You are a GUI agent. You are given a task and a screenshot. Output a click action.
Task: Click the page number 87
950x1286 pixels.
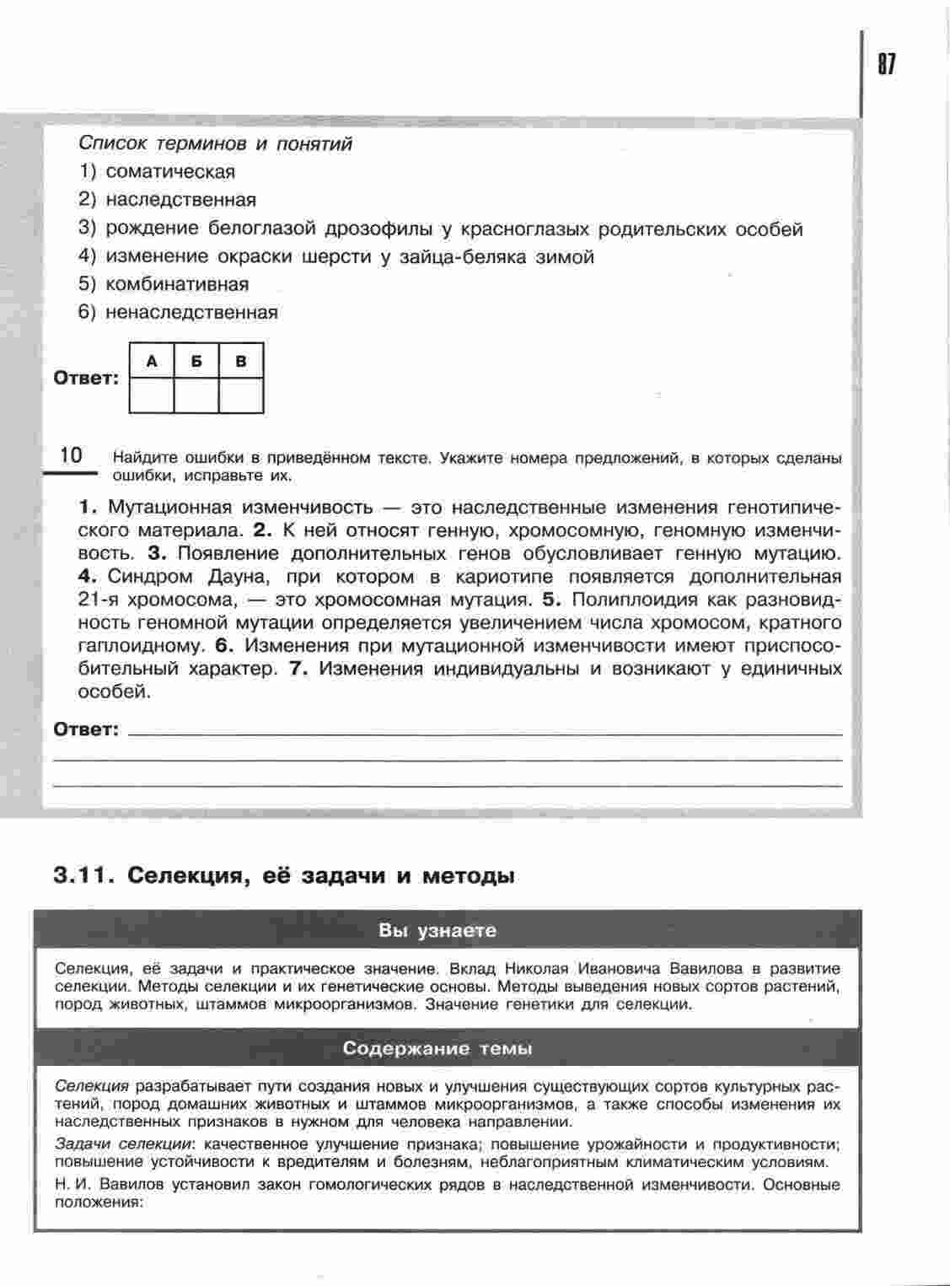click(887, 64)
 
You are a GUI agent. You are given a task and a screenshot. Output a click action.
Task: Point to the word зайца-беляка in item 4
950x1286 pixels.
click(462, 257)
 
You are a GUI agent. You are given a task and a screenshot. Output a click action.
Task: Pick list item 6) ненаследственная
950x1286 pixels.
click(178, 313)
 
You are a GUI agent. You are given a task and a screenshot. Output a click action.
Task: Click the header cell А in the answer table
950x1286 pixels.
click(152, 362)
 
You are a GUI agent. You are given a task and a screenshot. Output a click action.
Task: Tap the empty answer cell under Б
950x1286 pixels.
click(196, 395)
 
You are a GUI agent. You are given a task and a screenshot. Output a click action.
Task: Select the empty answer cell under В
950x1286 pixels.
click(242, 395)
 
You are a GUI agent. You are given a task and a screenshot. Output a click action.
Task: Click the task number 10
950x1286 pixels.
click(72, 456)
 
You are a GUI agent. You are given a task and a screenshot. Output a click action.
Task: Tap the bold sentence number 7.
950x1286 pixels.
click(295, 670)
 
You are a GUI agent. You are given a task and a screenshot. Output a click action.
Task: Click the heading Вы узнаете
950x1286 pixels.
click(437, 932)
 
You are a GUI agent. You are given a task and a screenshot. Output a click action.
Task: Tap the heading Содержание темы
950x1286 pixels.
click(437, 1050)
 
